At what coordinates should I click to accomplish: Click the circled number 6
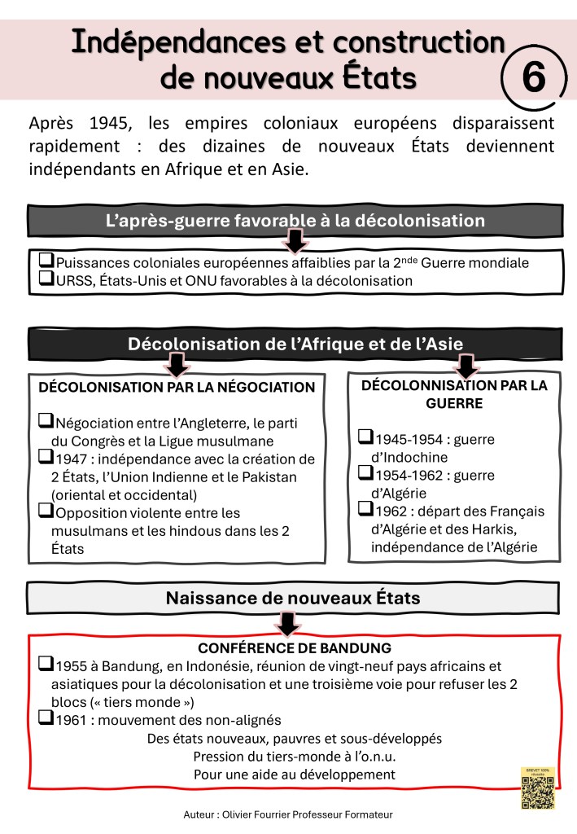pos(533,78)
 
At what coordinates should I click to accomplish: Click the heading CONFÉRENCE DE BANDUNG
pos(295,648)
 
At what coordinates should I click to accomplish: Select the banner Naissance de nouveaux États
pos(293,598)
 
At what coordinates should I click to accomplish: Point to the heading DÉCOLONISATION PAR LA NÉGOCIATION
pos(177,387)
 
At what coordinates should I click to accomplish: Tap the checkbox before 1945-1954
pos(365,437)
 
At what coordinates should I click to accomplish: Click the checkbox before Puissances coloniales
pos(46,261)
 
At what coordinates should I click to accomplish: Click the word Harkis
pos(505,529)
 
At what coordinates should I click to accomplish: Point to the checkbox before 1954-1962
pos(365,474)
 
